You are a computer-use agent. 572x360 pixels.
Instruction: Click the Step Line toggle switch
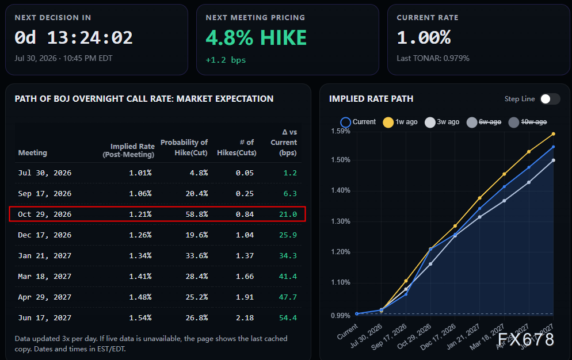(550, 99)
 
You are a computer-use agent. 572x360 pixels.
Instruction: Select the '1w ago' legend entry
(400, 122)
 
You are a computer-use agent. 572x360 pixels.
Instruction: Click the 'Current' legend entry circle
(345, 122)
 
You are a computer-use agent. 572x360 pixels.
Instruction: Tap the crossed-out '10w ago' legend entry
(528, 122)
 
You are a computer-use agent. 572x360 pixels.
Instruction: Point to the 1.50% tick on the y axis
(341, 160)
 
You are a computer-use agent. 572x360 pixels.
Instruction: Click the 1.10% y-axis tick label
(341, 282)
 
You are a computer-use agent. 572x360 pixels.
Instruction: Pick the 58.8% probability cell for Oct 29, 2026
(197, 214)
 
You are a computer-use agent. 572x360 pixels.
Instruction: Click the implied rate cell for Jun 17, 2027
(140, 317)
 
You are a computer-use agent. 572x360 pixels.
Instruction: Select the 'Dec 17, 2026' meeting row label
(44, 235)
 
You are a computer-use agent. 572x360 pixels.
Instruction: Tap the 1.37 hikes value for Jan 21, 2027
(245, 256)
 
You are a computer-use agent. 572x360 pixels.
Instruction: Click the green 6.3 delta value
(290, 193)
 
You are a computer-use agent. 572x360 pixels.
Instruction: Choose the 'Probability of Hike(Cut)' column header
(184, 147)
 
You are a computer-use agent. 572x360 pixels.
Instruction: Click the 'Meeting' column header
(32, 153)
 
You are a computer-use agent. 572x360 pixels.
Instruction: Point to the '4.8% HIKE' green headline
(256, 38)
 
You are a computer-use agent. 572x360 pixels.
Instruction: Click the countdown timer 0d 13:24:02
(73, 37)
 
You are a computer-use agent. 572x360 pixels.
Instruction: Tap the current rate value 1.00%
(424, 37)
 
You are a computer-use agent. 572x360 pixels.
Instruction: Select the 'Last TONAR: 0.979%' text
(433, 58)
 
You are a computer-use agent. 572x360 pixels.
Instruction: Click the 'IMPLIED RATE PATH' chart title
(371, 99)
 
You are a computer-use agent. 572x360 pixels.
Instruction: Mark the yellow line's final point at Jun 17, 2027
(554, 134)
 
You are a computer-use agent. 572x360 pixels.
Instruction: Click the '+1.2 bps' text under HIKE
(226, 60)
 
